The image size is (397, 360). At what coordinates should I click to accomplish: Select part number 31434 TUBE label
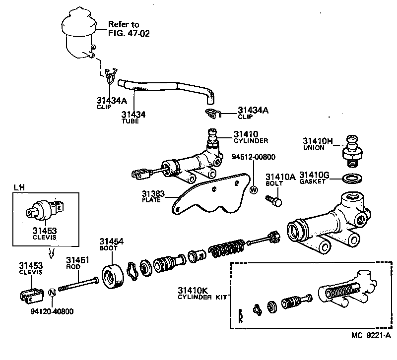coord(133,117)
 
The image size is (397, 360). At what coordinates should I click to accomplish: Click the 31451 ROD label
coord(77,262)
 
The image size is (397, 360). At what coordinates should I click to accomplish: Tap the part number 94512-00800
coord(254,157)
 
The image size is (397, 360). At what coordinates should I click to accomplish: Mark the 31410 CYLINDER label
coord(251,137)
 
